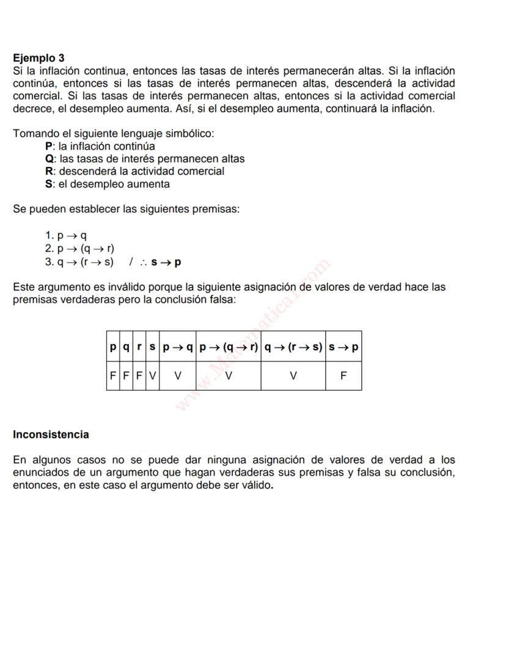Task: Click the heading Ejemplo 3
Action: pyautogui.click(x=38, y=58)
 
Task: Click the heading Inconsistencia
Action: pyautogui.click(x=51, y=435)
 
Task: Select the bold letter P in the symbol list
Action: pyautogui.click(x=49, y=146)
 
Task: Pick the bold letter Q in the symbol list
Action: pyautogui.click(x=50, y=159)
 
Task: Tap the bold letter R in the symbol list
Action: pyautogui.click(x=50, y=171)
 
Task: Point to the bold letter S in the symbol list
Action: pyautogui.click(x=49, y=184)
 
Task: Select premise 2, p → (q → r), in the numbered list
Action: pyautogui.click(x=86, y=249)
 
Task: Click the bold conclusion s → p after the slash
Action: pyautogui.click(x=166, y=262)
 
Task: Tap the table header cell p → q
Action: pyautogui.click(x=177, y=347)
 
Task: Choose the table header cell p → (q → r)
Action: pyautogui.click(x=228, y=347)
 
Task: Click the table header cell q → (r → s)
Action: pyautogui.click(x=293, y=347)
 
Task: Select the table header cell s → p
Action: pyautogui.click(x=343, y=347)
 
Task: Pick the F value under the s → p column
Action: pyautogui.click(x=343, y=376)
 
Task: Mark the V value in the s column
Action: pyautogui.click(x=152, y=376)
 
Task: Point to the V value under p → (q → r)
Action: pyautogui.click(x=228, y=376)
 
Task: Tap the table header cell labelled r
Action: pyautogui.click(x=139, y=347)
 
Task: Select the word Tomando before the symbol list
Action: pyautogui.click(x=35, y=133)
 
